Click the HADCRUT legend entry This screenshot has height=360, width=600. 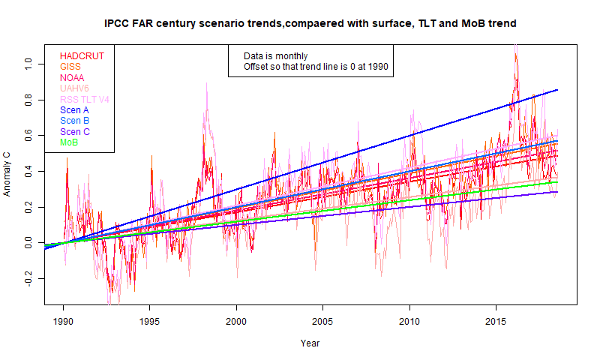tap(82, 56)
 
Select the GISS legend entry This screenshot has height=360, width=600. tap(70, 67)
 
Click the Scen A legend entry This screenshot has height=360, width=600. tap(75, 110)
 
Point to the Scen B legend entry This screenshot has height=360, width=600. tap(75, 121)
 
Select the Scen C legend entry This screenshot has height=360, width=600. tap(75, 132)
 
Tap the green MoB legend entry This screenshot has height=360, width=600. tap(70, 142)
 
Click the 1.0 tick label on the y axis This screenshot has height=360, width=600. tap(31, 64)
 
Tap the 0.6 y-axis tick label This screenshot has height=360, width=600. tap(31, 136)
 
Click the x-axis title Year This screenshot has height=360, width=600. tap(310, 343)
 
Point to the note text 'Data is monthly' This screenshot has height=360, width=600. tap(275, 56)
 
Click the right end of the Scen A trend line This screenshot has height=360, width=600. tap(557, 90)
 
